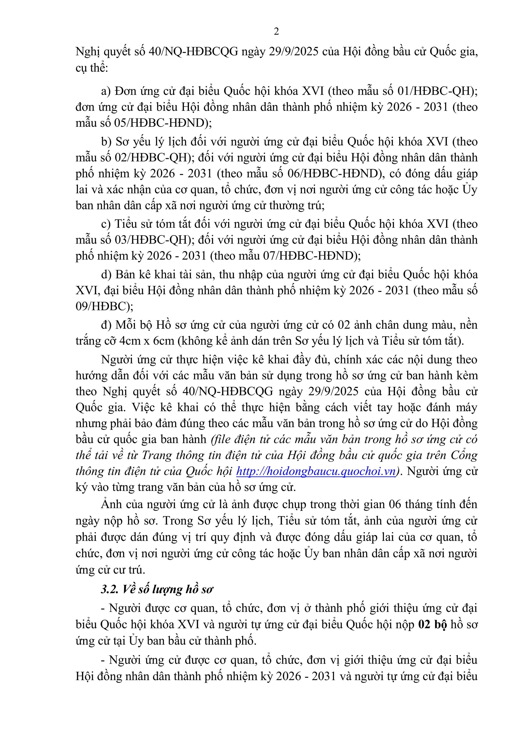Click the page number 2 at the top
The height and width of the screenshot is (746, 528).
click(276, 31)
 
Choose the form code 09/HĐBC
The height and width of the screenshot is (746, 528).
click(102, 306)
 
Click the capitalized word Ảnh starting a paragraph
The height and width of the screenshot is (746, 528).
click(111, 504)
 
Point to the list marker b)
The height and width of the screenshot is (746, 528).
click(106, 142)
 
